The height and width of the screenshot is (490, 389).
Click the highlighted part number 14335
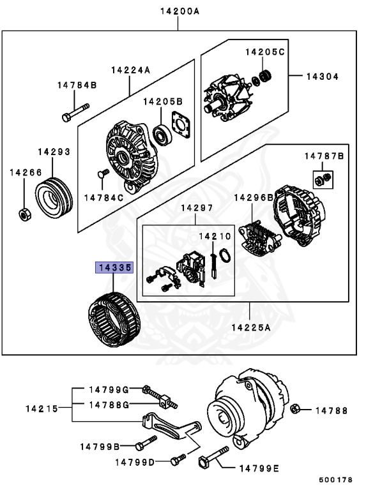[114, 268]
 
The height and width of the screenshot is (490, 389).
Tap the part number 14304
[322, 77]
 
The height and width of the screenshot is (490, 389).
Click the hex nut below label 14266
[23, 214]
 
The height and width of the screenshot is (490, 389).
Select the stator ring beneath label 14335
[113, 318]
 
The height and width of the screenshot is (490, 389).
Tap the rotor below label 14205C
[227, 98]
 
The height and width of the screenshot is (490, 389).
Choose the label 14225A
[251, 328]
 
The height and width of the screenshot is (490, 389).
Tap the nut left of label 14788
[295, 409]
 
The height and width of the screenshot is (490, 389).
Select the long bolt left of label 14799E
[213, 458]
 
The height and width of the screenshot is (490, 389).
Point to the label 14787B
[323, 156]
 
